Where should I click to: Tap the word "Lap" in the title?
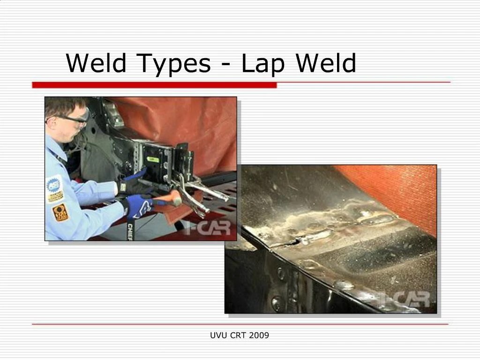pos(263,64)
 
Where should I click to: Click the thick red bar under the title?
pos(154,85)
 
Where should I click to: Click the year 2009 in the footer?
pos(259,335)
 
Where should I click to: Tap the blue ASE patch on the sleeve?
pos(54,186)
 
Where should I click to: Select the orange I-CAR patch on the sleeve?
pos(60,212)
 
